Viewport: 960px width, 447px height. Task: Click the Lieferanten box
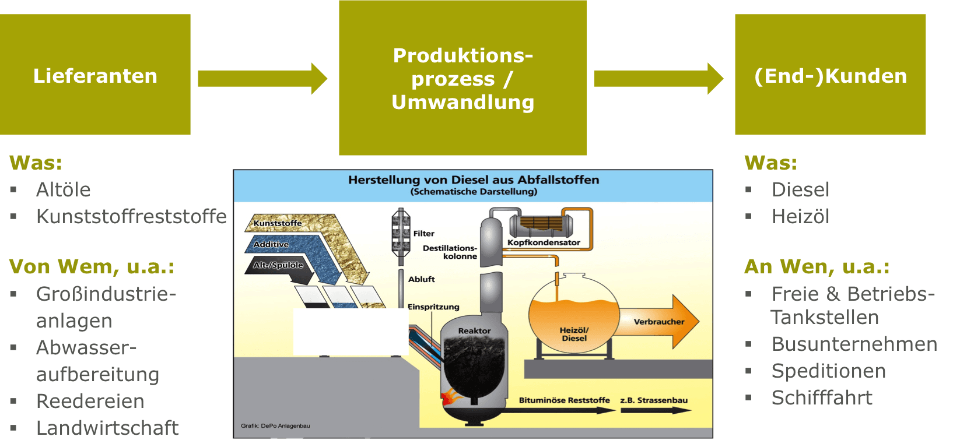[x=95, y=75]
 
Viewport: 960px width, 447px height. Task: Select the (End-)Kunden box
[x=830, y=75]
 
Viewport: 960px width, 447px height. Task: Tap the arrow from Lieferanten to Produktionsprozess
[x=262, y=79]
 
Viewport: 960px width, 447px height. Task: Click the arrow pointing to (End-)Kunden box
[x=658, y=79]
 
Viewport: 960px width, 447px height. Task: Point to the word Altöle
[x=64, y=189]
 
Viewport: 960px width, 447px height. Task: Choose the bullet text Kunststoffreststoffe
[x=131, y=216]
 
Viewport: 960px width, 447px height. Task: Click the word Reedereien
[x=90, y=401]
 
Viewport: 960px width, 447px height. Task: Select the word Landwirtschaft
[x=107, y=428]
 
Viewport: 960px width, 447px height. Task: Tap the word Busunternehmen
[x=854, y=344]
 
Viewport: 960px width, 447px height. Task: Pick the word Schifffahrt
[x=822, y=397]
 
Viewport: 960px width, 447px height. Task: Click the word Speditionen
[x=828, y=371]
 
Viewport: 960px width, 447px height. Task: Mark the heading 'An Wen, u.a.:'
[x=817, y=266]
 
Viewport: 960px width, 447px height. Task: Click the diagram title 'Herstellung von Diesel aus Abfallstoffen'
[x=474, y=180]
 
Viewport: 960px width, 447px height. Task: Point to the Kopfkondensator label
[x=544, y=242]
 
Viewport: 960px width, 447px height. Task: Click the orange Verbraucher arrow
[x=659, y=322]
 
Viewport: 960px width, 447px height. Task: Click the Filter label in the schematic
[x=424, y=234]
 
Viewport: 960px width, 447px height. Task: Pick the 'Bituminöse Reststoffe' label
[x=564, y=400]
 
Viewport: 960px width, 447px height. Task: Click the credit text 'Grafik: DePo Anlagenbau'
[x=275, y=426]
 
